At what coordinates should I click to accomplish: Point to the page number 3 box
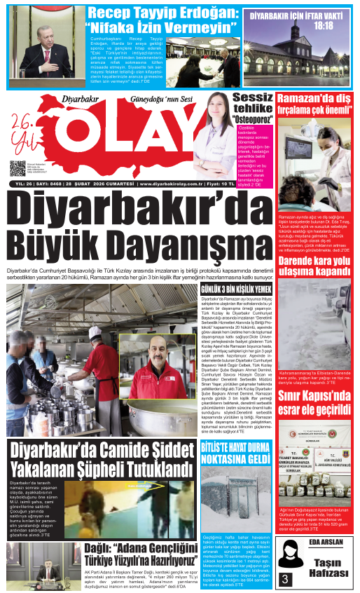coord(285,579)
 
